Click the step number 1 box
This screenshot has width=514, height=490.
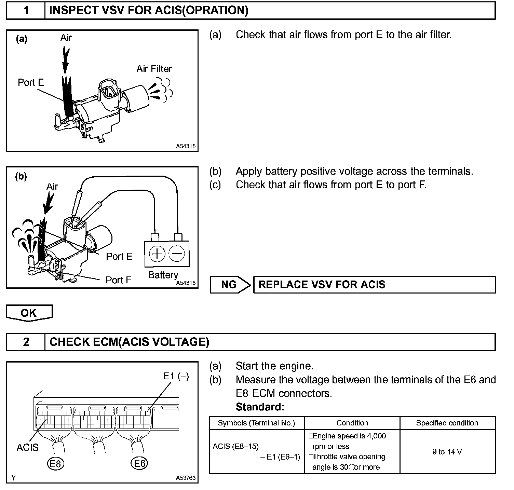[26, 10]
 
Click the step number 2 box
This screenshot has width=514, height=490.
[26, 342]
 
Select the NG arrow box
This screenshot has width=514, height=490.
[230, 285]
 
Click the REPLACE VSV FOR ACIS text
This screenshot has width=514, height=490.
[322, 285]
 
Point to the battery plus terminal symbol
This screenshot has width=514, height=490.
[157, 254]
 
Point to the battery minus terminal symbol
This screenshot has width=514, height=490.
[177, 254]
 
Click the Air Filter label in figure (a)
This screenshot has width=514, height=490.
[154, 69]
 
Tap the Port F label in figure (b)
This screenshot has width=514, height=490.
[118, 280]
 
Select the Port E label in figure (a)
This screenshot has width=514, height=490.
[31, 82]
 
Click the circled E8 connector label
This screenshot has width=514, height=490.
[55, 464]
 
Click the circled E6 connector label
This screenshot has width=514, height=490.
[139, 464]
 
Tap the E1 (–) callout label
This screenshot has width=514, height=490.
[176, 376]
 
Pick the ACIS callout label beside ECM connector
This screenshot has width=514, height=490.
[27, 447]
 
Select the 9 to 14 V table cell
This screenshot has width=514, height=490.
[447, 452]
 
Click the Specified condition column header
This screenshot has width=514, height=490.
[447, 423]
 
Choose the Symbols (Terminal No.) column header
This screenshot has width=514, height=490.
[256, 423]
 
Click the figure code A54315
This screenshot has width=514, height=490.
[186, 146]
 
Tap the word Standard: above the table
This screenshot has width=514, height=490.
[260, 407]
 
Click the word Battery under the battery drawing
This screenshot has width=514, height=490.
[163, 275]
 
